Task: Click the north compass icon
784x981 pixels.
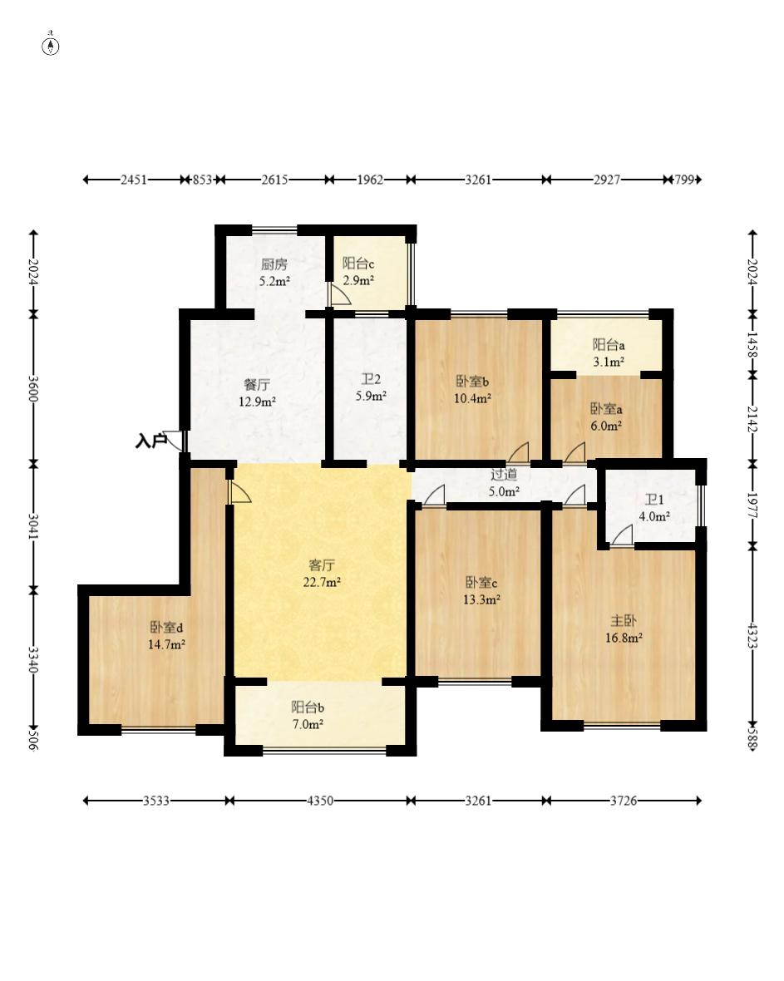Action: pos(51,45)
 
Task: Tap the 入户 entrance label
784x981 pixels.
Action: pos(150,441)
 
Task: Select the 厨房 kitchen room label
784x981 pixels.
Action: pos(274,264)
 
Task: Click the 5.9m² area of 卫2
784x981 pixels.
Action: pos(371,396)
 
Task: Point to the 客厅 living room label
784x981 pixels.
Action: pos(322,565)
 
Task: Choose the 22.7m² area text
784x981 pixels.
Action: pos(322,583)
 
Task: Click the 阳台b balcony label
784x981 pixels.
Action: pos(308,707)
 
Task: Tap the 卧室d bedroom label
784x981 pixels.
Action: pos(166,627)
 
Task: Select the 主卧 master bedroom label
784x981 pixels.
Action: pos(624,621)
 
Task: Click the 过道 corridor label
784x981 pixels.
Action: pos(504,474)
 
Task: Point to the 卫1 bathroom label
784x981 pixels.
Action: pos(653,500)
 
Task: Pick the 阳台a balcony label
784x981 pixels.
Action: pos(609,345)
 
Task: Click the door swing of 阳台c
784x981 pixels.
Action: pos(340,294)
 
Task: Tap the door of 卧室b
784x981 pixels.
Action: pos(519,452)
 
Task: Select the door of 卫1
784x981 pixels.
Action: pos(622,535)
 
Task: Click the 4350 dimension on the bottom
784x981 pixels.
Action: pos(320,801)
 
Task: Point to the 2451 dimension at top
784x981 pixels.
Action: pos(133,180)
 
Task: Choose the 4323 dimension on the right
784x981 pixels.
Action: pos(752,636)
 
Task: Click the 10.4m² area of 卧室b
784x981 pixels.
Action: pos(472,398)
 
